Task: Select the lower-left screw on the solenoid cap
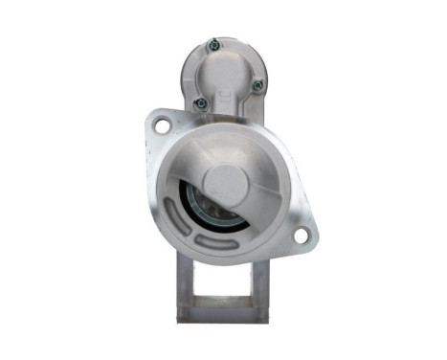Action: click(x=199, y=102)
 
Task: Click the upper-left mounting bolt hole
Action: click(x=162, y=124)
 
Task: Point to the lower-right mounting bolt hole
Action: click(x=302, y=235)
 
